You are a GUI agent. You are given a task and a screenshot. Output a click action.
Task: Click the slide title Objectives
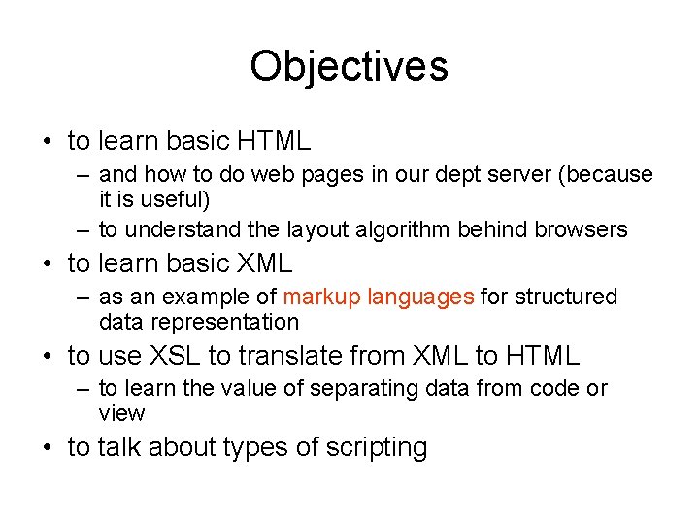[x=349, y=66]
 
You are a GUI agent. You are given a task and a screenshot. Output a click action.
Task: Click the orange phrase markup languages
[x=379, y=297]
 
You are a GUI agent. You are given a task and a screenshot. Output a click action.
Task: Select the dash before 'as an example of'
[x=85, y=297]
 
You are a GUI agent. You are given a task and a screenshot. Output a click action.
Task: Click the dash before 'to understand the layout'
[x=85, y=230]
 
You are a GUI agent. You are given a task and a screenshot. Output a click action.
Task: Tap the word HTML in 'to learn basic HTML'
[x=273, y=141]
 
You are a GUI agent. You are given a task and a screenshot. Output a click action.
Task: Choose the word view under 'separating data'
[x=121, y=414]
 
